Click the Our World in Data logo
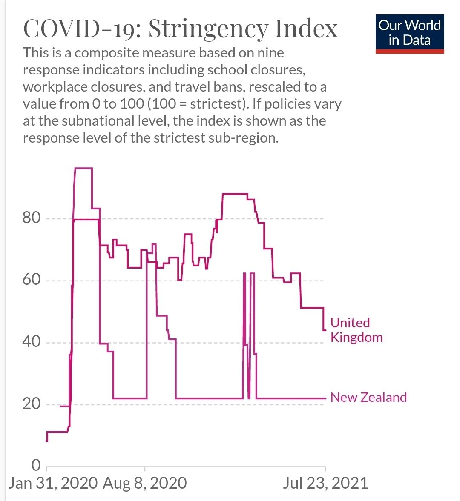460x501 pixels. point(409,33)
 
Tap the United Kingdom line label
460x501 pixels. point(356,330)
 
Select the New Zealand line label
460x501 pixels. point(368,397)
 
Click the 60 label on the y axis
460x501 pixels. point(31,280)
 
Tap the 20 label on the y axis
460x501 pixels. point(31,403)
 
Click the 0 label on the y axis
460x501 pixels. point(36,465)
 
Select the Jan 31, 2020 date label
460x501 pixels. point(53,483)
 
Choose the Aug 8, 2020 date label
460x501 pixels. point(145,483)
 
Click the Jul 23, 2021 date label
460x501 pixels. point(325,483)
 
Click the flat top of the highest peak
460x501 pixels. point(83,168)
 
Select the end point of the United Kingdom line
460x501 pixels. point(325,330)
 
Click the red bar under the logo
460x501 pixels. point(409,52)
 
